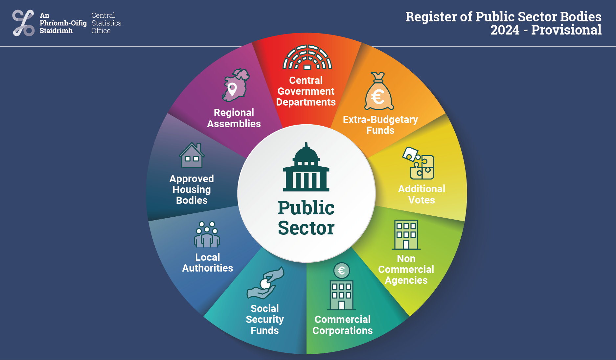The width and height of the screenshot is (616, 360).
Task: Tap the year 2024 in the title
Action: coord(505,30)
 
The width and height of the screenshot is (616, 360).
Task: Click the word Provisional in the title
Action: coord(566,30)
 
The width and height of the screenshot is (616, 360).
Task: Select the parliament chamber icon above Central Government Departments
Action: coord(307,57)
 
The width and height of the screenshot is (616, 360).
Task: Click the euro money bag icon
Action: coord(379,91)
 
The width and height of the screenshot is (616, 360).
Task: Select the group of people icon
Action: coord(207,234)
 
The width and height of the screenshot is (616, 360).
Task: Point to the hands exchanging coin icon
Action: coord(265,283)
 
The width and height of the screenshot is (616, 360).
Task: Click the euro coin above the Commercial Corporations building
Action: coord(342,271)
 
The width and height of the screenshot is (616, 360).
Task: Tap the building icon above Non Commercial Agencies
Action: coord(406,234)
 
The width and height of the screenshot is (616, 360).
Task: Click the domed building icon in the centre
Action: coord(306,167)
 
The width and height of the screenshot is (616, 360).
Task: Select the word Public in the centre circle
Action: coord(306,208)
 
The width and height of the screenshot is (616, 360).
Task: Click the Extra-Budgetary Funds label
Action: coord(380,125)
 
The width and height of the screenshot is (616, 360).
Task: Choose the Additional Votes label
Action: coord(422,194)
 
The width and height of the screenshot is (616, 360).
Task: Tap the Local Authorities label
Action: coord(208,262)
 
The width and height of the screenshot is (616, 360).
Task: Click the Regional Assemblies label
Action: coord(234,118)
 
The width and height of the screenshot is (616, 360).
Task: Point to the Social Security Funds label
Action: coord(265,319)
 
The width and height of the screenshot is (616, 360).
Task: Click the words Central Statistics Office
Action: coord(106,23)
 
